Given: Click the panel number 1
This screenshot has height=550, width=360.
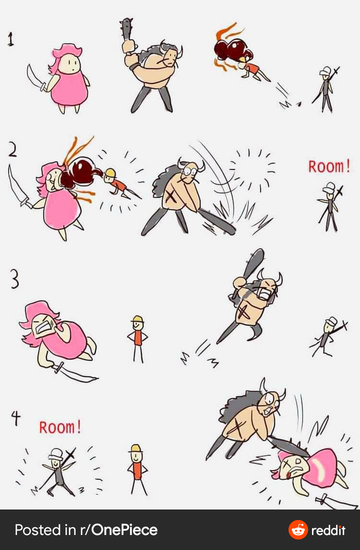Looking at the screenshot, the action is pyautogui.click(x=11, y=39).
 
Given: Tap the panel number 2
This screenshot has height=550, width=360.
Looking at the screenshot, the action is pyautogui.click(x=12, y=150).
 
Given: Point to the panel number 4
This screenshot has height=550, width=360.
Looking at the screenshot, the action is pyautogui.click(x=16, y=418).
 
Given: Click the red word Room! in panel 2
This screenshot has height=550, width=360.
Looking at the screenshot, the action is pyautogui.click(x=329, y=166).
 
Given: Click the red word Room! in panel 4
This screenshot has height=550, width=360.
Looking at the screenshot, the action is pyautogui.click(x=60, y=427).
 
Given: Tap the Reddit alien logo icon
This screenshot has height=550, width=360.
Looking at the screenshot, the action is pyautogui.click(x=298, y=529).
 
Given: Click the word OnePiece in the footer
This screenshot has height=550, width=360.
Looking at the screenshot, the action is pyautogui.click(x=124, y=529).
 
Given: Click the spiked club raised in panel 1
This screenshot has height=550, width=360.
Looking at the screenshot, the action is pyautogui.click(x=126, y=31).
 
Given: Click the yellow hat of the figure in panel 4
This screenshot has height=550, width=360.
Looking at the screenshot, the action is pyautogui.click(x=136, y=448).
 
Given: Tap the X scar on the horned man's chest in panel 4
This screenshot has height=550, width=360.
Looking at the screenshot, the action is pyautogui.click(x=237, y=427).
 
